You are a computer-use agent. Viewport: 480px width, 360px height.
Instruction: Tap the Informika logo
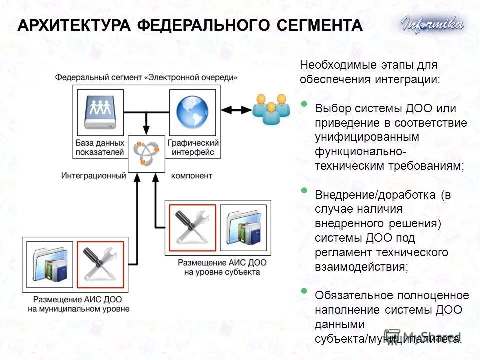coord(432,24)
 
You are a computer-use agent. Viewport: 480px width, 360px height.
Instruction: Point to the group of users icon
coord(270,109)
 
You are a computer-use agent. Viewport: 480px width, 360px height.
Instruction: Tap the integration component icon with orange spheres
coord(146,153)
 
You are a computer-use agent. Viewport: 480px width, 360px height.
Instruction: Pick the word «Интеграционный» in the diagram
coord(93,176)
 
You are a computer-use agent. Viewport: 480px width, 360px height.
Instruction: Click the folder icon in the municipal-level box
coord(49,264)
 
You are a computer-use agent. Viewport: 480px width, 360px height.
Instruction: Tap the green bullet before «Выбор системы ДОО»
coord(304,104)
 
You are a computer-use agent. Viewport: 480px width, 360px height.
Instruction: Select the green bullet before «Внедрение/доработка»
coord(304,190)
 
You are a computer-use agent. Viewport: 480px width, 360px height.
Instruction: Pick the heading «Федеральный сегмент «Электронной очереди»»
coord(146,77)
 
